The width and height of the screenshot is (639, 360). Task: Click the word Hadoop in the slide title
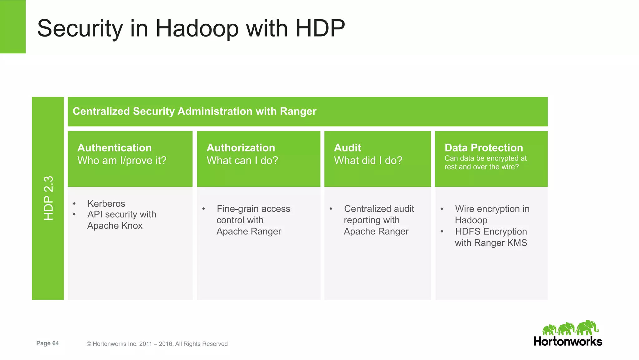point(197,29)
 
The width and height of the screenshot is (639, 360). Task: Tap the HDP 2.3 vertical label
point(49,198)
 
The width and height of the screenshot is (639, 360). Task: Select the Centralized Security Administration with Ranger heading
point(194,111)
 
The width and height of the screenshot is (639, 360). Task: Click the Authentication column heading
point(115,148)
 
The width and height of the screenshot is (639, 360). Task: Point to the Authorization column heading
point(241,148)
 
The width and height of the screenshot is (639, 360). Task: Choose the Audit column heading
point(347,148)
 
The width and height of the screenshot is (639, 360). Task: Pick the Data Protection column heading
point(484,148)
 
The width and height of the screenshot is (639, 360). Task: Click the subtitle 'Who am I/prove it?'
point(122,160)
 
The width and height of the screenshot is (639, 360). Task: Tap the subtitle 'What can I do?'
point(242,160)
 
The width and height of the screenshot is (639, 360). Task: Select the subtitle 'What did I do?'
point(368,160)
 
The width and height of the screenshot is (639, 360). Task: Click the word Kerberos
point(106,204)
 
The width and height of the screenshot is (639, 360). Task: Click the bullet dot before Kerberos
point(74,204)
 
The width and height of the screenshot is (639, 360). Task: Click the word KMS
point(517,243)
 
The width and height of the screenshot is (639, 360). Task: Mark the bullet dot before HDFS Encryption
point(442,232)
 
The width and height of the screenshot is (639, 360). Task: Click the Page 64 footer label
point(47,343)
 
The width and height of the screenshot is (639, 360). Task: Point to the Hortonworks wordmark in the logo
point(568,342)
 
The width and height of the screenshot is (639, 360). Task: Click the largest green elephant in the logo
point(587,328)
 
